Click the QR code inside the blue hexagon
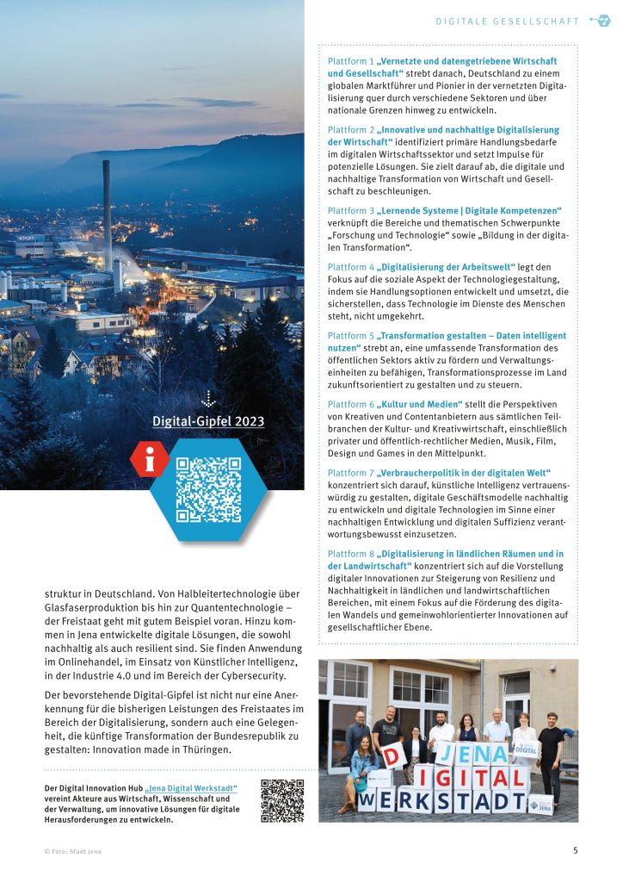tap(208, 489)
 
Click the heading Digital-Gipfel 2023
tap(208, 421)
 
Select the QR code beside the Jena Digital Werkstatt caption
tap(282, 801)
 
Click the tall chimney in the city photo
tap(108, 215)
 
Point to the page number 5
tap(575, 851)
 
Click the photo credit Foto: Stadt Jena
tap(75, 851)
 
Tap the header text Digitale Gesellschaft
tap(507, 22)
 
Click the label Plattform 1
tap(351, 62)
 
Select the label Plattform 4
tap(351, 267)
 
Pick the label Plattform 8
tap(351, 554)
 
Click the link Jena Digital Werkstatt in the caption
tap(191, 788)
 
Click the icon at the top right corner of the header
tap(600, 21)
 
